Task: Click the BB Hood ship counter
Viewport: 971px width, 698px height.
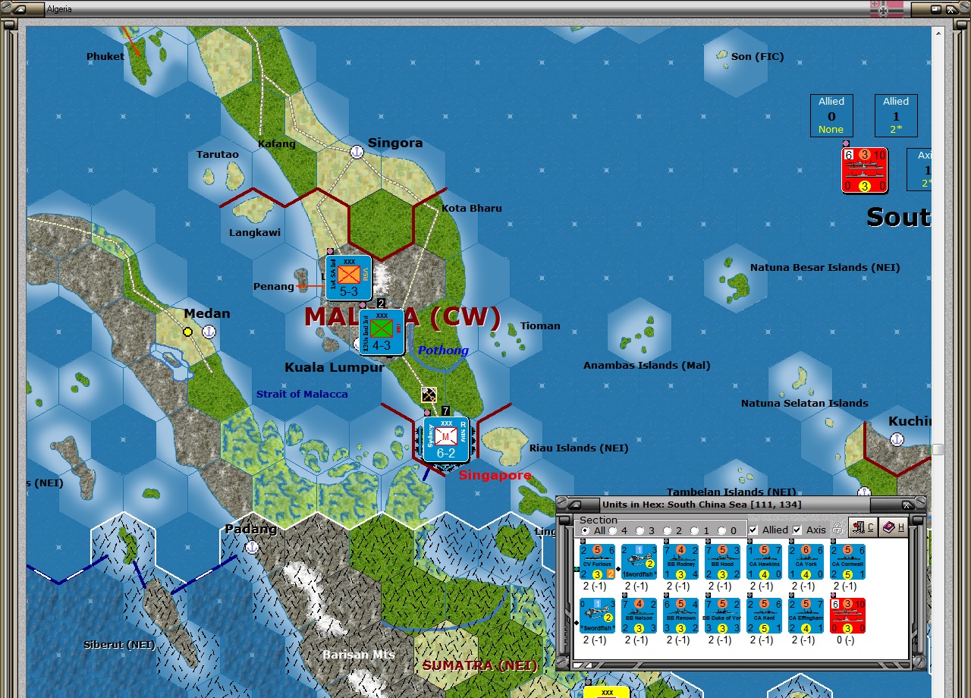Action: tap(722, 562)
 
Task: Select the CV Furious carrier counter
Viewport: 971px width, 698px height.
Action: tap(597, 562)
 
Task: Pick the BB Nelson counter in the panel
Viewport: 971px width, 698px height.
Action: tap(639, 616)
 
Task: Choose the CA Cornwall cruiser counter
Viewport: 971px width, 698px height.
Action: tap(847, 562)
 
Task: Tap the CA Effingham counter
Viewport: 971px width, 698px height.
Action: tap(806, 616)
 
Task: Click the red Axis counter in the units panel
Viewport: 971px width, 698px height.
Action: tap(847, 616)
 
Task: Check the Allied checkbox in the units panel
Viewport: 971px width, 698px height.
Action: tap(753, 530)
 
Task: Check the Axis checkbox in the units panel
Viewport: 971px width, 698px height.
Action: tap(797, 530)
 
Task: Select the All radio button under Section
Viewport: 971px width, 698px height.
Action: tap(585, 530)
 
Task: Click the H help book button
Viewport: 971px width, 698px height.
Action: tap(894, 527)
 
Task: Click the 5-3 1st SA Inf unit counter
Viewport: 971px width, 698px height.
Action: tap(349, 278)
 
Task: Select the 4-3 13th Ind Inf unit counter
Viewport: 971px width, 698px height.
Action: tap(382, 332)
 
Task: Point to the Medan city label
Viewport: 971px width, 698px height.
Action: tap(206, 313)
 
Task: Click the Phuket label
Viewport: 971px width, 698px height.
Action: tap(105, 56)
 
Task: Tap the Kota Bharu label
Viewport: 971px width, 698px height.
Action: tap(472, 208)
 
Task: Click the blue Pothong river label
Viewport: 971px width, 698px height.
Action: tap(443, 351)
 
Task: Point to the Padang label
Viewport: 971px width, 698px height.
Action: tap(250, 529)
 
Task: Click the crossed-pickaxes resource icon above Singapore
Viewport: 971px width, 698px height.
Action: tap(429, 395)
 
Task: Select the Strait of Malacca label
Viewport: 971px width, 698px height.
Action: tap(302, 394)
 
